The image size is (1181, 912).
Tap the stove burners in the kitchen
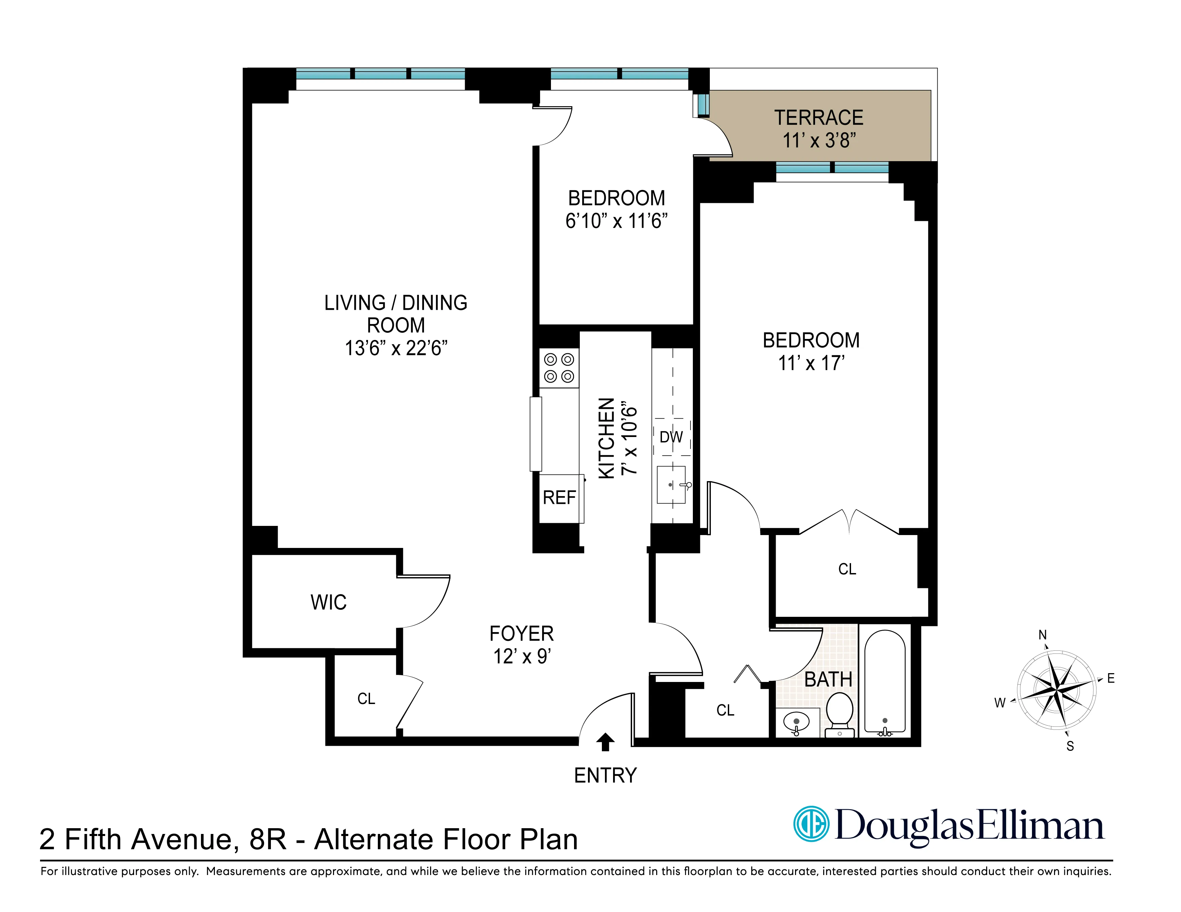pyautogui.click(x=559, y=367)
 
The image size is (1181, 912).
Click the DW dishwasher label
pyautogui.click(x=671, y=437)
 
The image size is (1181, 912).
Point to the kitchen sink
pyautogui.click(x=671, y=484)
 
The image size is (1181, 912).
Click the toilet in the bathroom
pyautogui.click(x=840, y=713)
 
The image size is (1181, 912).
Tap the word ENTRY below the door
pyautogui.click(x=605, y=775)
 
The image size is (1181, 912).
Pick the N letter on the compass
pyautogui.click(x=1042, y=635)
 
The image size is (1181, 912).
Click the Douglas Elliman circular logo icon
pyautogui.click(x=811, y=824)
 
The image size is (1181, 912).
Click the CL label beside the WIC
pyautogui.click(x=366, y=699)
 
